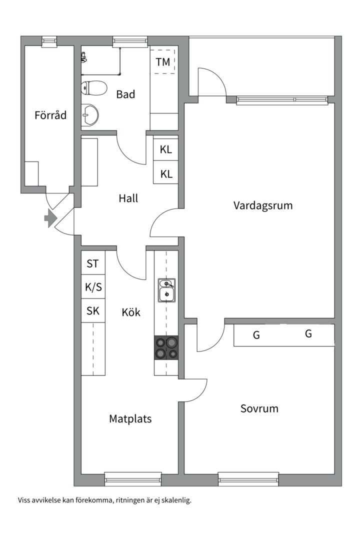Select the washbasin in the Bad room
tap(90, 115)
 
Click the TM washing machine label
tap(163, 62)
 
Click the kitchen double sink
tap(166, 290)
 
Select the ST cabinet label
tap(93, 264)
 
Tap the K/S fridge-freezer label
tap(93, 287)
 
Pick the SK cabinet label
tap(93, 311)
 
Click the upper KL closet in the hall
tap(166, 149)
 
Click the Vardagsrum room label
tap(263, 205)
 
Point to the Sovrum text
tap(259, 408)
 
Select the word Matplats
tap(130, 419)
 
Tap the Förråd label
tap(50, 115)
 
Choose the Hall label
tap(128, 198)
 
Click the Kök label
tap(131, 312)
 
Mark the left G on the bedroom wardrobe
tap(256, 335)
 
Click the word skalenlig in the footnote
tap(175, 500)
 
